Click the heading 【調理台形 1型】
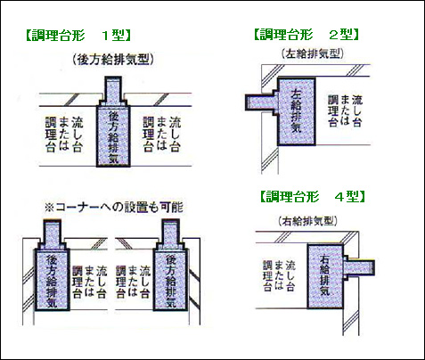click(x=78, y=36)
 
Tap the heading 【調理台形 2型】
click(x=306, y=35)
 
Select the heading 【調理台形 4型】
click(x=313, y=196)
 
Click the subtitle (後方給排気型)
click(x=113, y=59)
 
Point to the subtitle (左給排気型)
click(x=312, y=53)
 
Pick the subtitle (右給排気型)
click(x=307, y=221)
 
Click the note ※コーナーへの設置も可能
click(x=113, y=207)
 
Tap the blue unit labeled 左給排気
click(x=296, y=111)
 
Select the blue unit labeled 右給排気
click(x=325, y=276)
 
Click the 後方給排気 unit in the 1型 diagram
click(x=113, y=135)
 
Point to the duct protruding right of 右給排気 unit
click(x=359, y=267)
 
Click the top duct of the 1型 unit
click(x=113, y=90)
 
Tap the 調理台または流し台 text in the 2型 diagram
click(x=345, y=110)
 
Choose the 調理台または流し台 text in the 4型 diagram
click(x=279, y=275)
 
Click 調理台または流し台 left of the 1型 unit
click(x=64, y=135)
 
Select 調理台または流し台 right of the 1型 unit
click(x=161, y=135)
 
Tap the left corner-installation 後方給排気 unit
click(x=52, y=279)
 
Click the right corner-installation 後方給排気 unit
click(x=170, y=279)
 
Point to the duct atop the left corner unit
click(x=53, y=234)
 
